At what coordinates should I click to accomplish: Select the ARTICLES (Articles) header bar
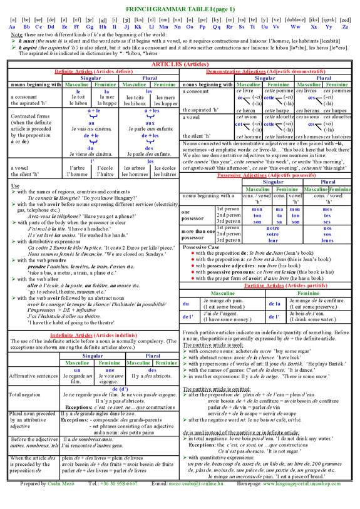pos(180,64)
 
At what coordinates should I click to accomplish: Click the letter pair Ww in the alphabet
pos(295,27)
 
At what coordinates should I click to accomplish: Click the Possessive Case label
pos(200,247)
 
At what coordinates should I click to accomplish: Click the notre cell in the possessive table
pos(272,229)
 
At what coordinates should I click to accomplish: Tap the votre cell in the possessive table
pos(272,234)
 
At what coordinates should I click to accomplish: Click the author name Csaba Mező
pos(59,501)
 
